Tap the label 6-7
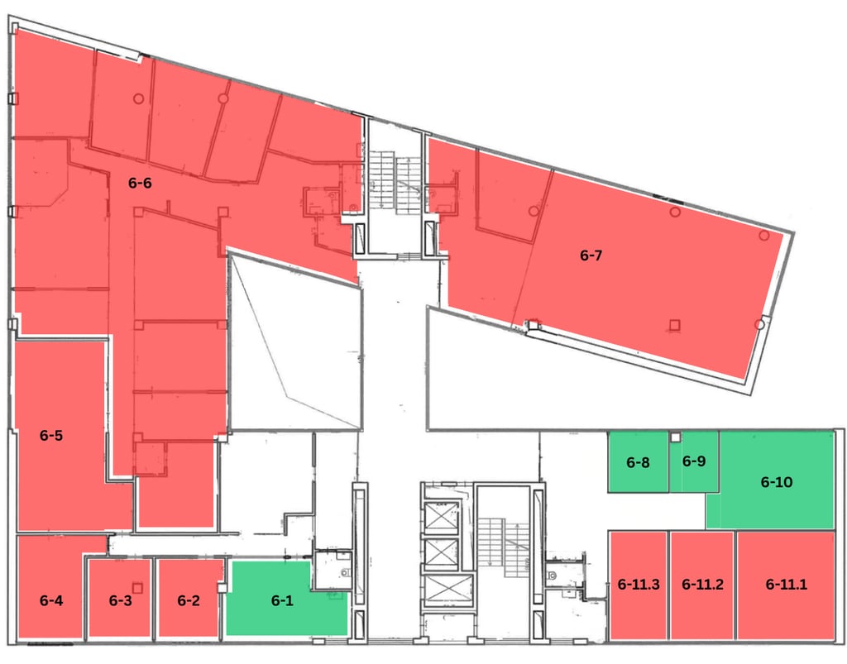[x=591, y=256]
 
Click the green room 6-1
[x=282, y=601]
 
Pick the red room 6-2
[x=189, y=601]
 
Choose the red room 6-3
[x=121, y=601]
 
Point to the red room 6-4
[x=51, y=601]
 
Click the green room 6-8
[x=639, y=462]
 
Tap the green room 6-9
[x=694, y=461]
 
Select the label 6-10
[x=777, y=481]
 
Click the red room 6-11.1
[x=786, y=584]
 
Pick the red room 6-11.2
[x=702, y=584]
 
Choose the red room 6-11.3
[x=639, y=584]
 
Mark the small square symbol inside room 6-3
[x=137, y=587]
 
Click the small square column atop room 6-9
[x=675, y=437]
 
